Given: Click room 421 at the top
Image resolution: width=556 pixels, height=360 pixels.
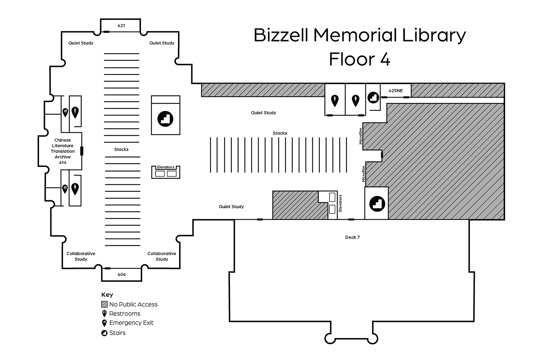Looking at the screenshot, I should tap(121, 26).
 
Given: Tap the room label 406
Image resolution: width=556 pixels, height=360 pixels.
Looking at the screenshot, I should tap(121, 274).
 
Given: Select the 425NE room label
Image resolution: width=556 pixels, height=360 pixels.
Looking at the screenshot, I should tap(396, 91).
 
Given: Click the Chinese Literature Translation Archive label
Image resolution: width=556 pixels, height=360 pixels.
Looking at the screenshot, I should tap(63, 151).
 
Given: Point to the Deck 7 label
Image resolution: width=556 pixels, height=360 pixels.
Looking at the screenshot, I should tap(352, 237).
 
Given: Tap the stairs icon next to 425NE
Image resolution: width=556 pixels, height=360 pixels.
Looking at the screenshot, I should tap(373, 97).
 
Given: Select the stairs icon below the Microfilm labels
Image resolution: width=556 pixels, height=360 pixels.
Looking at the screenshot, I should tap(377, 203).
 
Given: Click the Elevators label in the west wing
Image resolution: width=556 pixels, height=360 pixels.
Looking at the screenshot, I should tap(166, 167).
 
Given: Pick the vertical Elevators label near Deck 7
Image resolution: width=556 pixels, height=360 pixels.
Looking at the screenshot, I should tap(340, 203).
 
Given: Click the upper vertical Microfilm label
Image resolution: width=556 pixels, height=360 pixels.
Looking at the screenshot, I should tap(360, 136).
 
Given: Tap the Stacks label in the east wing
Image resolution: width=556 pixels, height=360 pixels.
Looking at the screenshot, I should tap(280, 133).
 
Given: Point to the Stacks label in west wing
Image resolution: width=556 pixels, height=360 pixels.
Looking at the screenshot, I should tap(121, 149).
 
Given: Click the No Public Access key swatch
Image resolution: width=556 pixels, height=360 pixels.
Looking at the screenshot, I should tap(104, 304).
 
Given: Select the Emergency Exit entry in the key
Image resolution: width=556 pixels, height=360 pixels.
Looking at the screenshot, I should tap(131, 323).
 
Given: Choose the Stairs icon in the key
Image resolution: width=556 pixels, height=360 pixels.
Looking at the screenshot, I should tap(104, 333).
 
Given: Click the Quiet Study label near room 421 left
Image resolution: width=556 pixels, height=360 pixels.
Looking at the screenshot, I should tap(81, 43).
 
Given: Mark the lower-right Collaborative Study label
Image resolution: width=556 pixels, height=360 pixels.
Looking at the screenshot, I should tap(162, 256).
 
